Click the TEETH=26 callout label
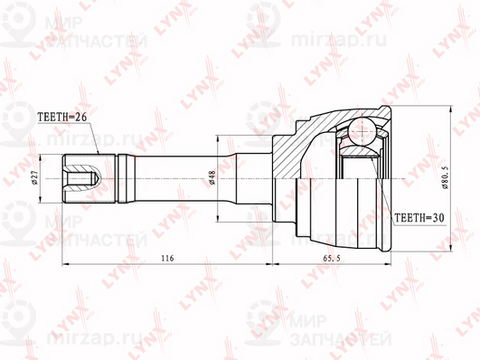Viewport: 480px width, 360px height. (62, 117)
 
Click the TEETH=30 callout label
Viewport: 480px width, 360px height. (419, 217)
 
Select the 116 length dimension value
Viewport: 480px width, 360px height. (167, 259)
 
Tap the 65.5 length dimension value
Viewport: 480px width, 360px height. (332, 259)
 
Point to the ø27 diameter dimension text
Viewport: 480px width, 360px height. (34, 177)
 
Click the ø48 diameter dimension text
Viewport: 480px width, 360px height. (212, 177)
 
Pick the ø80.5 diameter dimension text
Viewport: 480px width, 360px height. (445, 177)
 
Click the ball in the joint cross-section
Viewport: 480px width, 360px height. (362, 130)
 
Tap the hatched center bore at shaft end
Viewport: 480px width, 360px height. (82, 178)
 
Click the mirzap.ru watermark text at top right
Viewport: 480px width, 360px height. (339, 40)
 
